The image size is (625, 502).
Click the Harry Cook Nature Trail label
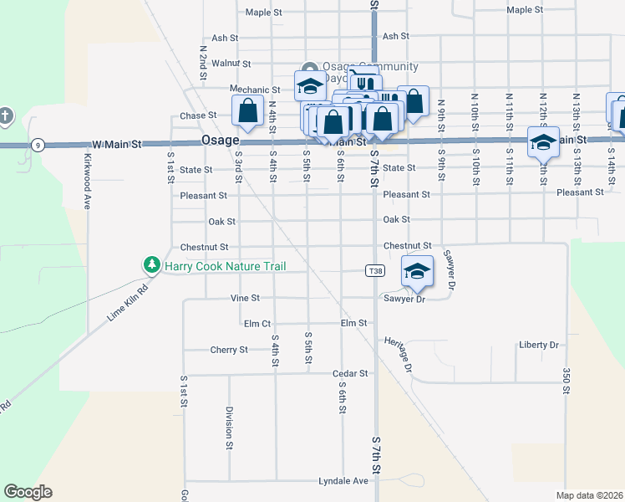[x=225, y=267]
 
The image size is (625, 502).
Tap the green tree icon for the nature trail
[x=151, y=266]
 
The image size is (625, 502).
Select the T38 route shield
[x=375, y=271]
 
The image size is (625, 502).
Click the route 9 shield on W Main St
[x=38, y=145]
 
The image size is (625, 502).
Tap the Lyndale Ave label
[x=343, y=481]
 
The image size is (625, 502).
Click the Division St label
[x=228, y=428]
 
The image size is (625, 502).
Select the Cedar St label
[x=350, y=373]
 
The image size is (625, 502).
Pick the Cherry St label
[x=229, y=350]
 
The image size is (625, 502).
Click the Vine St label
[x=245, y=298]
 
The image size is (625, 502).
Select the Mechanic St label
[x=256, y=90]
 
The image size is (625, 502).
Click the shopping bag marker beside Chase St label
[x=248, y=110]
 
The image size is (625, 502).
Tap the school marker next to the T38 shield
[x=417, y=269]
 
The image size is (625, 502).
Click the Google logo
[x=28, y=492]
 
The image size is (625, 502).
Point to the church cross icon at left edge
[x=5, y=115]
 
